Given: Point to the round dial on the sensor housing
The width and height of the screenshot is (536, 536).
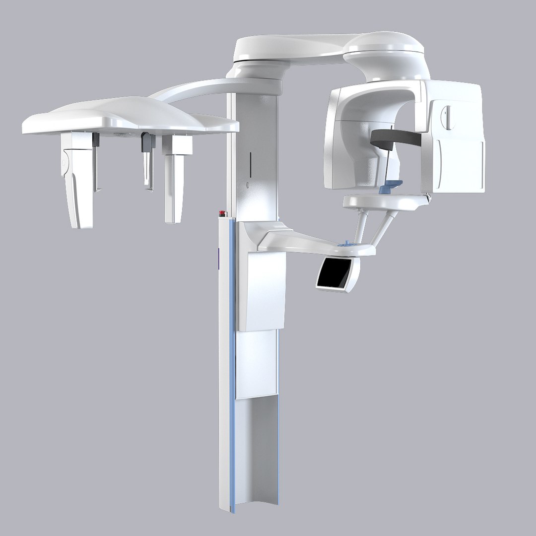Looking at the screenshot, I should (448, 118).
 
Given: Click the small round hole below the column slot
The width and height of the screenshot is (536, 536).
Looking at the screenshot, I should (248, 186).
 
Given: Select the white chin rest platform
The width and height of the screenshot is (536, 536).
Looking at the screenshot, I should (385, 201).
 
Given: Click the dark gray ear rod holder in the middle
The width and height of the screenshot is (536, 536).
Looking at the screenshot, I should (146, 143).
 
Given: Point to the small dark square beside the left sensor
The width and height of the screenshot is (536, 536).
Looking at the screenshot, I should (96, 140).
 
